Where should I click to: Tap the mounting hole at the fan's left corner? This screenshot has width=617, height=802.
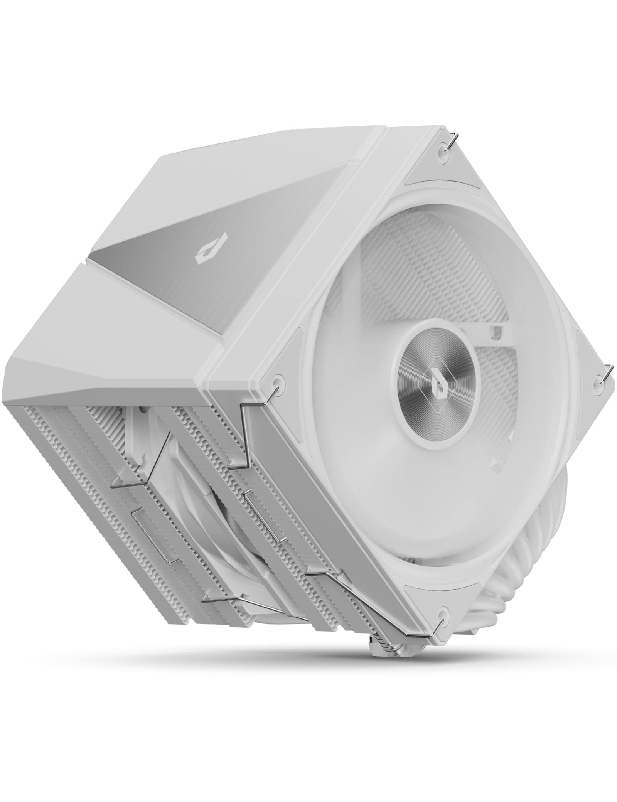coord(276,382)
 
